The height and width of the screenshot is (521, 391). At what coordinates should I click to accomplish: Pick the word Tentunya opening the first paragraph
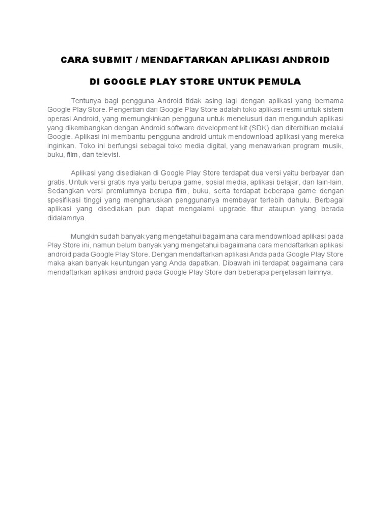click(x=86, y=100)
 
